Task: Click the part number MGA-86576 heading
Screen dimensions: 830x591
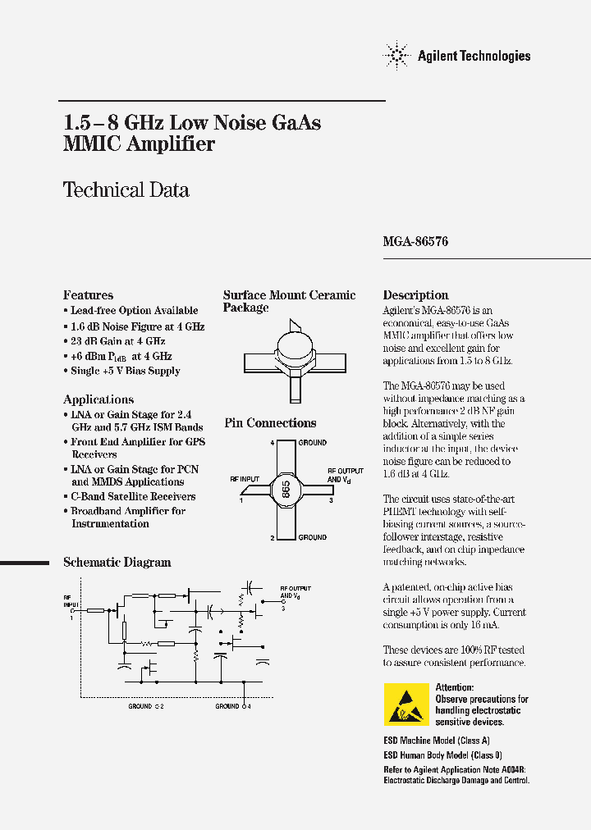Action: [x=415, y=243]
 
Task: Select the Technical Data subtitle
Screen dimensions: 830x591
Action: [x=126, y=190]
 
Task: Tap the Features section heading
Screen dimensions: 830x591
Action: [x=88, y=295]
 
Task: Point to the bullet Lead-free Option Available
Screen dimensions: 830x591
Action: [x=134, y=311]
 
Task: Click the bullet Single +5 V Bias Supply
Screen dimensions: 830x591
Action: [x=125, y=371]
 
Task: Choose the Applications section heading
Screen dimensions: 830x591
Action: [x=98, y=399]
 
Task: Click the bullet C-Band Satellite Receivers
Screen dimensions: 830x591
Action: [x=133, y=496]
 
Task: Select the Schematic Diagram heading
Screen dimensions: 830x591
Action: [x=117, y=563]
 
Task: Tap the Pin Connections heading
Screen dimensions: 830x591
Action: [x=270, y=423]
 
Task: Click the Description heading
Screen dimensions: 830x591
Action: [x=415, y=295]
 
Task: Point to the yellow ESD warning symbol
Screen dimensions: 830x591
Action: [x=406, y=704]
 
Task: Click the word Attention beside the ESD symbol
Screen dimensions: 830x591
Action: [x=454, y=687]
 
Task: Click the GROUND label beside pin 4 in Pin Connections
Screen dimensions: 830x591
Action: [x=313, y=442]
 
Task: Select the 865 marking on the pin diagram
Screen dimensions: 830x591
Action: [x=286, y=490]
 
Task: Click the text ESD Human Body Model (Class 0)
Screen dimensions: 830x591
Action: [x=442, y=755]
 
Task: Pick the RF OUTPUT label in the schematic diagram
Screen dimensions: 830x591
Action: [x=295, y=588]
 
